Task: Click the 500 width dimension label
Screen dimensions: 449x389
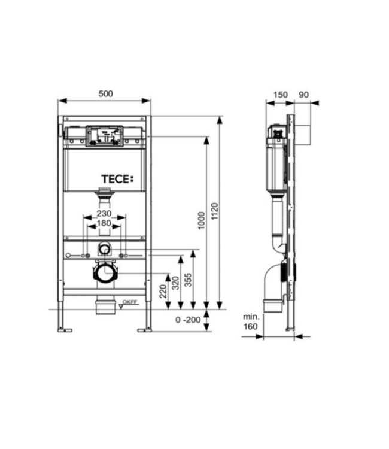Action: point(105,93)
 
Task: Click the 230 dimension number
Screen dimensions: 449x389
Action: point(105,214)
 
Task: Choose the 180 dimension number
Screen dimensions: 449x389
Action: point(105,224)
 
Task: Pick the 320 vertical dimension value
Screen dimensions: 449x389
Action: point(176,282)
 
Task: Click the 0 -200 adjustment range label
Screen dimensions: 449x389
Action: point(188,320)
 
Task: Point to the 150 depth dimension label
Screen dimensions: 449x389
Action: point(280,94)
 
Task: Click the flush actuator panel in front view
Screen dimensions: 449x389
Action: point(105,136)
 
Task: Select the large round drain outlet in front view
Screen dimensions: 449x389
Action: point(105,274)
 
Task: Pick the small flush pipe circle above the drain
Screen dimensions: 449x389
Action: point(105,247)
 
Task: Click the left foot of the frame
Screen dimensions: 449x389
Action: point(65,329)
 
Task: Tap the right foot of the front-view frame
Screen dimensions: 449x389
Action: point(145,329)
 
